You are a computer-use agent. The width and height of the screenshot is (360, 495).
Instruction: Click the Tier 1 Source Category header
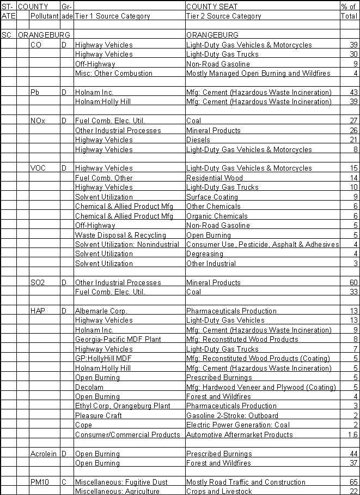(x=112, y=16)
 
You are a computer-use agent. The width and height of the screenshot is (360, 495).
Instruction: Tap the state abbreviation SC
(x=7, y=35)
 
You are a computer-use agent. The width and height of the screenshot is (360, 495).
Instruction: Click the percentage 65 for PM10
(x=353, y=482)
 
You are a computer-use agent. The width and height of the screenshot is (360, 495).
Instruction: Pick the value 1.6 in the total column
(x=352, y=434)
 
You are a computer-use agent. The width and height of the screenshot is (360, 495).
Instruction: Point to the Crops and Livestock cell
(x=219, y=491)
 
